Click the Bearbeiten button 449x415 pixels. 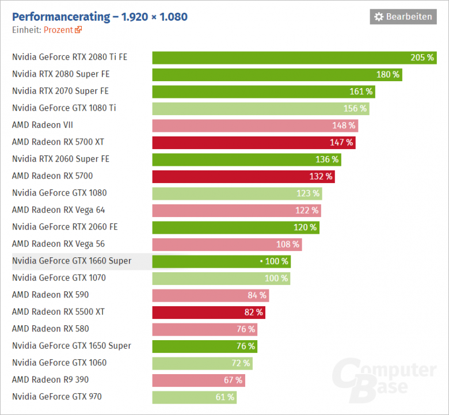403,17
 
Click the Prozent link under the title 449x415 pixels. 58,30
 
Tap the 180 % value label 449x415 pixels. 388,74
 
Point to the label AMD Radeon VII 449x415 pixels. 42,125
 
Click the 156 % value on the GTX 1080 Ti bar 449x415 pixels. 355,108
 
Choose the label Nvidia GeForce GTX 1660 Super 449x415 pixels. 71,261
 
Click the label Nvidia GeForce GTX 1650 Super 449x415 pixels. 71,345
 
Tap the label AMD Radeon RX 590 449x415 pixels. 50,295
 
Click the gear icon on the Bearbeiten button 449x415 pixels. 379,17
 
